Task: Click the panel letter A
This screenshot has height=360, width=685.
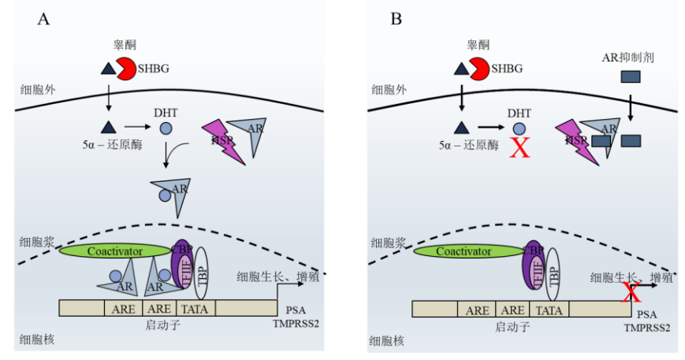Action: click(x=44, y=19)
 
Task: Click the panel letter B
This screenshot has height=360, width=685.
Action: click(x=396, y=19)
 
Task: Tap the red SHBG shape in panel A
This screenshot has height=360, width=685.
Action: click(x=127, y=69)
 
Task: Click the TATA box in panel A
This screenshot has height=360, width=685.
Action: click(x=194, y=310)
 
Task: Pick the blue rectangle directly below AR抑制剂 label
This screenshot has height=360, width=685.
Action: click(x=630, y=77)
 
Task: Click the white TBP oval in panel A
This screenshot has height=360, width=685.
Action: click(x=202, y=272)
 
